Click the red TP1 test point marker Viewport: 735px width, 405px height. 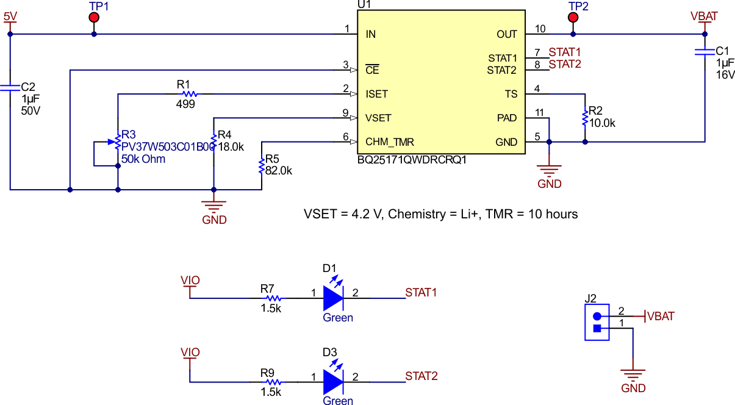coord(94,18)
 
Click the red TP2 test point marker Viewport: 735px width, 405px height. coord(573,18)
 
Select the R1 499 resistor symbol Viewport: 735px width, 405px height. coord(190,94)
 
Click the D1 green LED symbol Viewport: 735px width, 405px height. coord(333,298)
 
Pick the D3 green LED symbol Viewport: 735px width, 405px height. coord(333,382)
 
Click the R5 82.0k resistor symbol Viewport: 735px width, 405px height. coord(262,165)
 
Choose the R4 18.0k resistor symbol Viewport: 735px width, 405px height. coord(213,140)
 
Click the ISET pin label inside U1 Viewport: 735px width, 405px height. coord(376,95)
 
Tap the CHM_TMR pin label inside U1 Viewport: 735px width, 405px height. coord(389,142)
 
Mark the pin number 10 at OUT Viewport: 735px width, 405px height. coord(540,29)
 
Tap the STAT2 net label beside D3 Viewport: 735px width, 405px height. coord(421,376)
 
